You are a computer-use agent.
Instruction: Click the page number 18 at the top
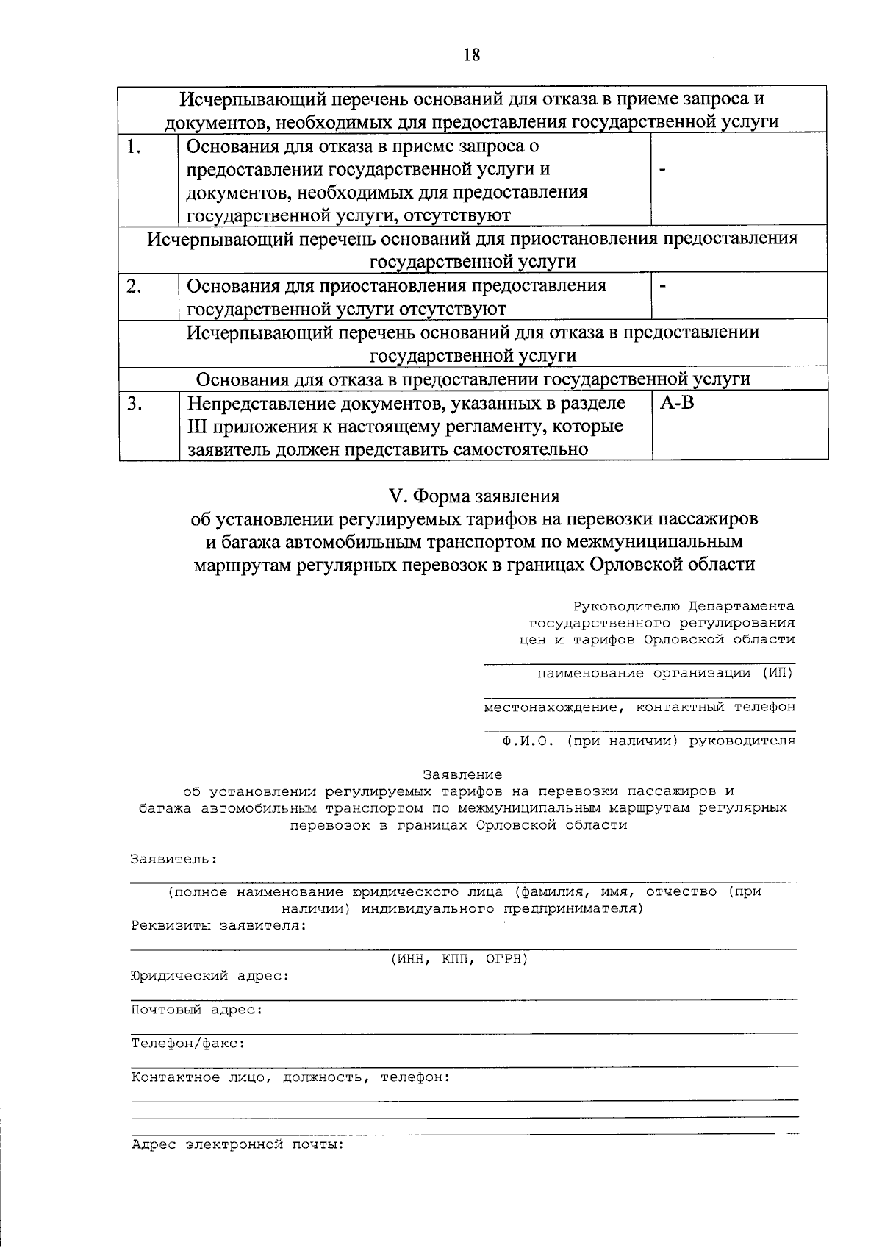471,54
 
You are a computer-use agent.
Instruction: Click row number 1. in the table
133,146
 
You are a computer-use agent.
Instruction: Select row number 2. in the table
134,286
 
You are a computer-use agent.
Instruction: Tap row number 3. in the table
134,404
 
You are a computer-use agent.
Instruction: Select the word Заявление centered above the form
462,774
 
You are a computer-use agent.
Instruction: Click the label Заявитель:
174,859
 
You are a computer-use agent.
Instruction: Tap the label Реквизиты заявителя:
218,925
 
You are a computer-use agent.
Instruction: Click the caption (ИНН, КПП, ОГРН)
459,959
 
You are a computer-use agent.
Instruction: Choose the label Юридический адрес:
209,977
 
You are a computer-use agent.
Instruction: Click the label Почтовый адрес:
197,1010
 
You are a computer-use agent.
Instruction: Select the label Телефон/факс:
188,1044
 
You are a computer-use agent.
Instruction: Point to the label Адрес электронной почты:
237,1145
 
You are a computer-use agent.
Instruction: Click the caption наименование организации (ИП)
666,673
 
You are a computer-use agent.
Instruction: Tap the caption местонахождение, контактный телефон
639,707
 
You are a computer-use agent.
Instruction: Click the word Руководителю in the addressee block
627,607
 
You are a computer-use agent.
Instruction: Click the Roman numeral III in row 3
198,427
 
